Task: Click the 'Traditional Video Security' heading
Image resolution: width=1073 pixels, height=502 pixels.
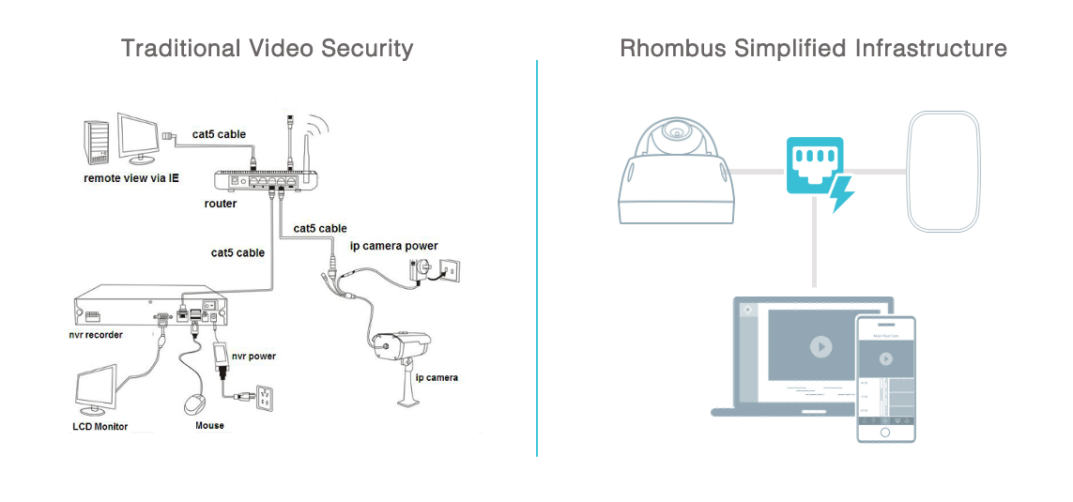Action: coord(267,49)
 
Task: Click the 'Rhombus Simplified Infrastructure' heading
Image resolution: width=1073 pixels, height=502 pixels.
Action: coord(813,49)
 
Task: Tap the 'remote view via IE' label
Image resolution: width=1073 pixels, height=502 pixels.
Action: coord(131,178)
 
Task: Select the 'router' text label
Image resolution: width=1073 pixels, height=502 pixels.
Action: coord(221,204)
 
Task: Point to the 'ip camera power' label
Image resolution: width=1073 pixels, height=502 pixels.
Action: coord(394,246)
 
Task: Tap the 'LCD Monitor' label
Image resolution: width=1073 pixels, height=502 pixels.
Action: coord(100,427)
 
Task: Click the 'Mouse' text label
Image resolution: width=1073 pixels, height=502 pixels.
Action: coord(209,426)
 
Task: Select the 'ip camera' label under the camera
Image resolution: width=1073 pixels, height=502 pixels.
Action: coord(437,377)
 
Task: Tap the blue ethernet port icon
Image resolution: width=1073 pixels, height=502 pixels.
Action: coord(814,165)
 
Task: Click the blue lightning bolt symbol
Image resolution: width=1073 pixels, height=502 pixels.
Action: coord(842,192)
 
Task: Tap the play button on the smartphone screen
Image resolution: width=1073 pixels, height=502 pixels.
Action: coord(885,358)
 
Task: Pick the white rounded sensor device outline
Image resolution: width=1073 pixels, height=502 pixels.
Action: coord(943,172)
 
